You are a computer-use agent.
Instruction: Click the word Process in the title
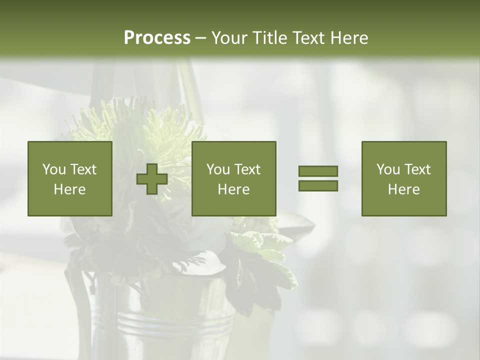(157, 38)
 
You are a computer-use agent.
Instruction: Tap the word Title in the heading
(269, 38)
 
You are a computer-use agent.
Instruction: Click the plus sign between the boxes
(152, 179)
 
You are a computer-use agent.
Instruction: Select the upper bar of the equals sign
(318, 171)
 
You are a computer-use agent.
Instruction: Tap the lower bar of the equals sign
(318, 185)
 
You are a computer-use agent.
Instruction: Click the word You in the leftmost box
(54, 169)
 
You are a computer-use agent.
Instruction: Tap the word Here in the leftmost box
(69, 189)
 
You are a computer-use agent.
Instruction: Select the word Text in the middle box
(247, 169)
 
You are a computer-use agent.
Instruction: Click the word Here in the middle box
(233, 189)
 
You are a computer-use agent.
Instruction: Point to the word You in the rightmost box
(388, 169)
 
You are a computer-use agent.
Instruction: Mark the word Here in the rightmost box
(403, 189)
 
